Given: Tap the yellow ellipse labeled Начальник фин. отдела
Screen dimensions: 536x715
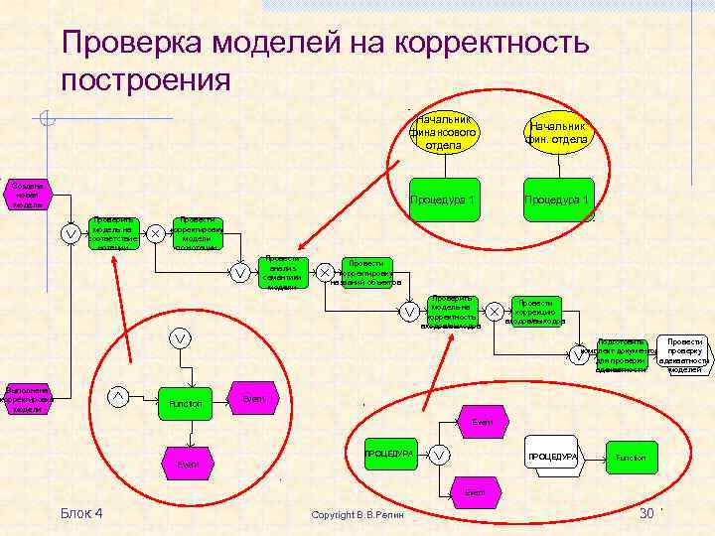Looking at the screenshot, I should click(x=558, y=132).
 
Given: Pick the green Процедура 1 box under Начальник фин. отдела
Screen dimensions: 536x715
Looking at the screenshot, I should click(x=558, y=200).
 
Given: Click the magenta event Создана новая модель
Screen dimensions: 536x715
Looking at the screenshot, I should click(x=27, y=195).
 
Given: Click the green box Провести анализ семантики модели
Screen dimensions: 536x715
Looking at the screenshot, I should click(x=282, y=272).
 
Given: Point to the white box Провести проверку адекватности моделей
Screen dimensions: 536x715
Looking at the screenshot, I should click(x=684, y=354).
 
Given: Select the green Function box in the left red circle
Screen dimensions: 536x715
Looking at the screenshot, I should click(x=186, y=403).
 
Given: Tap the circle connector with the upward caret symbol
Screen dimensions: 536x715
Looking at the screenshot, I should click(x=118, y=397).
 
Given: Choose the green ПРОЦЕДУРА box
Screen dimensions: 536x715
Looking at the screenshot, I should click(x=388, y=454).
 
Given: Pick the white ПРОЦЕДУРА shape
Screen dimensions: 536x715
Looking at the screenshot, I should click(x=552, y=456).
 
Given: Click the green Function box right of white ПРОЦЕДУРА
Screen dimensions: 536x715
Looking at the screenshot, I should click(x=630, y=457).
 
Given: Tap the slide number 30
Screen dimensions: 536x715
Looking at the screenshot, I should click(x=646, y=512).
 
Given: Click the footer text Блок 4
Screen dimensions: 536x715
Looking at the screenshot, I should click(x=81, y=512).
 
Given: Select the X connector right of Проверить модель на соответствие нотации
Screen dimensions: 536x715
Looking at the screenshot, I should click(x=156, y=233).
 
